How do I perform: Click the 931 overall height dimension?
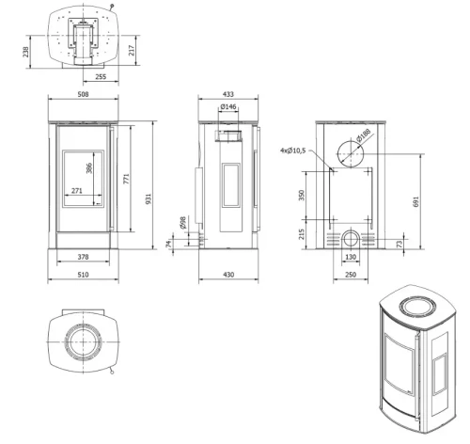[x=149, y=198]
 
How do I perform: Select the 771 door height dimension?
[x=126, y=179]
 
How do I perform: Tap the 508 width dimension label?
[x=83, y=94]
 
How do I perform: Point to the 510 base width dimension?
[x=83, y=275]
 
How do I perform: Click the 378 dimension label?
[x=83, y=257]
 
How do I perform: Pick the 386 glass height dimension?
[x=89, y=168]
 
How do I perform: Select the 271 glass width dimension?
[x=77, y=191]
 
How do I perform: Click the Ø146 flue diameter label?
[x=228, y=107]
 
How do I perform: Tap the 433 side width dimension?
[x=228, y=94]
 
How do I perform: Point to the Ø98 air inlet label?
[x=182, y=222]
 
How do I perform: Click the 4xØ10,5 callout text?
[x=292, y=151]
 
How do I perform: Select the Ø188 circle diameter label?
[x=364, y=135]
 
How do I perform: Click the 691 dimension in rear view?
[x=415, y=202]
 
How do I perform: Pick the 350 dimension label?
[x=302, y=195]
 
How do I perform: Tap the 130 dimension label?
[x=351, y=257]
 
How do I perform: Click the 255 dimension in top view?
[x=101, y=76]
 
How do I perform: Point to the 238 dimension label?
[x=25, y=52]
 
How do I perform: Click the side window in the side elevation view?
[x=231, y=185]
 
